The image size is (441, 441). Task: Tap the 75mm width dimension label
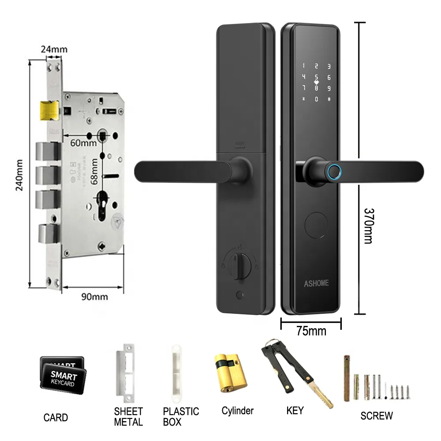(x=311, y=331)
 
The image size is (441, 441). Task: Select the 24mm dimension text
(x=52, y=49)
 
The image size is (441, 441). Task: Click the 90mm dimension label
(x=94, y=296)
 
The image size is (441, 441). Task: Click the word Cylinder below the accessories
(x=237, y=411)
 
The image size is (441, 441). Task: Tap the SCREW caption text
(x=376, y=415)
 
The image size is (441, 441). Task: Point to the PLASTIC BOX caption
(x=181, y=416)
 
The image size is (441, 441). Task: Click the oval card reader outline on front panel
(x=315, y=225)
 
